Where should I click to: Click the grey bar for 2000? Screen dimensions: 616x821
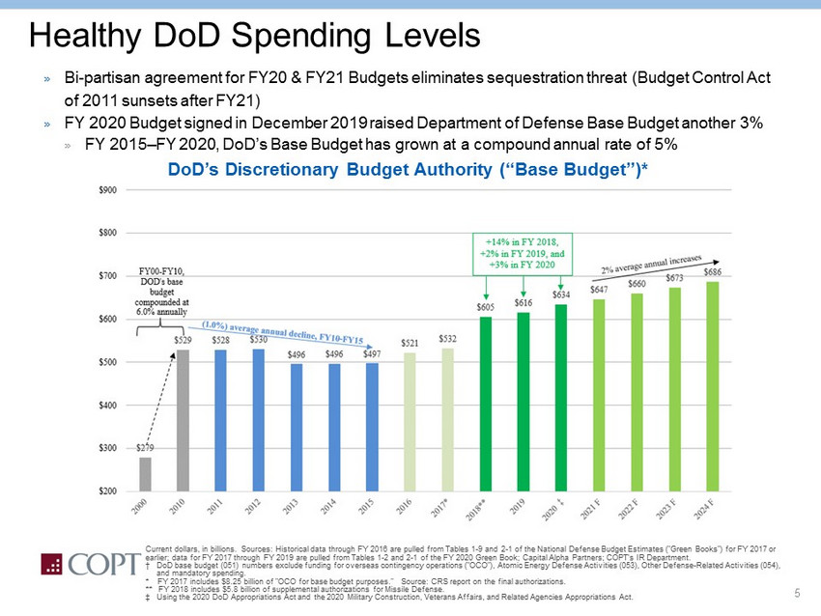(145, 473)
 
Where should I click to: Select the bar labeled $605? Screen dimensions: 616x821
(486, 404)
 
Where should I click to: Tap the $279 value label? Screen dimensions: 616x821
(144, 448)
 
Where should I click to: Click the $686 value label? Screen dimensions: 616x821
(713, 273)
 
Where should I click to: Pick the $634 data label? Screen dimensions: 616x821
(561, 294)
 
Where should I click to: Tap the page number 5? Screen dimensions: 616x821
(798, 592)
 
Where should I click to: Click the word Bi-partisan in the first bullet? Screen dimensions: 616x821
(101, 76)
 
